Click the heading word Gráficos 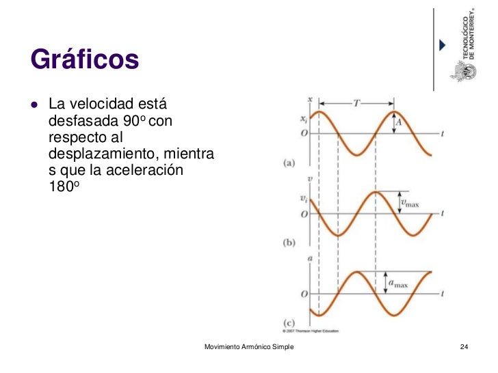click(x=85, y=60)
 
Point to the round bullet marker click(x=34, y=107)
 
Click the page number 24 click(x=464, y=348)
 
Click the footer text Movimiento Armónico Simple click(x=249, y=348)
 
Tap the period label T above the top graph click(x=356, y=103)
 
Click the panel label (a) click(x=289, y=163)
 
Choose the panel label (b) click(x=289, y=242)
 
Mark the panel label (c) click(x=289, y=322)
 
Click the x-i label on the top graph click(x=303, y=119)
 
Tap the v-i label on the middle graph click(x=303, y=199)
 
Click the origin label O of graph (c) click(x=303, y=294)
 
